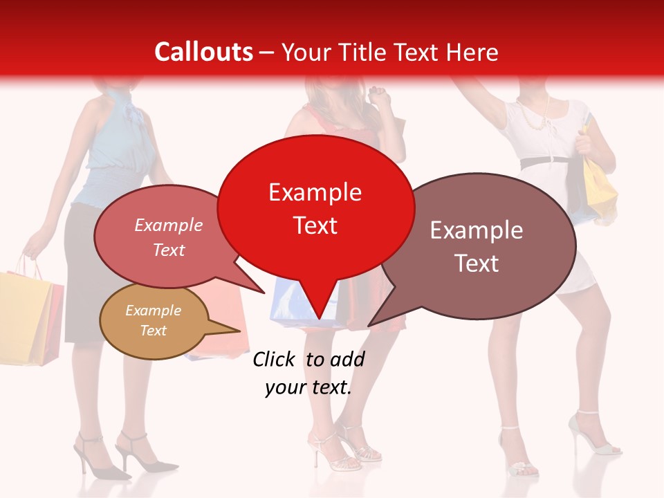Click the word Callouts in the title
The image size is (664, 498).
203,52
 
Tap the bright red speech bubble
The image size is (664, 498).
315,207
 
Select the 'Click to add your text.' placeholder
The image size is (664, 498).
308,373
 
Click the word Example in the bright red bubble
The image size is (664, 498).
315,192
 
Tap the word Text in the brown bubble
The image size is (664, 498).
477,264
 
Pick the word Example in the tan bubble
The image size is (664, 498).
154,311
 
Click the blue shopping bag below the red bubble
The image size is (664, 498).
290,304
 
